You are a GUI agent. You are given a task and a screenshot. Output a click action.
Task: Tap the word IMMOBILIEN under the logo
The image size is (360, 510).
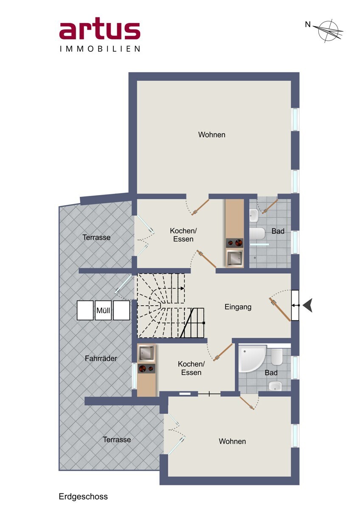[x=100, y=49]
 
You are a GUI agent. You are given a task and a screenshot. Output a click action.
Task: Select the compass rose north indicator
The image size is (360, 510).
[x=327, y=31]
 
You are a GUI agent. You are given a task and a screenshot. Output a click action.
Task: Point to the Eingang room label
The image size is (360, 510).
[x=238, y=307]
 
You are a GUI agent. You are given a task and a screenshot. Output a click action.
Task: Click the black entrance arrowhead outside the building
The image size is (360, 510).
[x=307, y=305]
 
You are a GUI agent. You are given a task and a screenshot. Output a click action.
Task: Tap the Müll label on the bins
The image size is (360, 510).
[x=103, y=310]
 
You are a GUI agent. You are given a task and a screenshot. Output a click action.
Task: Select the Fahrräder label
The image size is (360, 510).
[x=101, y=359]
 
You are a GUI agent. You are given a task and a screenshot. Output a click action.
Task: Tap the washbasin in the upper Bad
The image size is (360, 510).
[x=253, y=215]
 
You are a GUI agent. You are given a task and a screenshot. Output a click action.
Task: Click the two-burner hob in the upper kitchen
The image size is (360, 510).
[x=234, y=243]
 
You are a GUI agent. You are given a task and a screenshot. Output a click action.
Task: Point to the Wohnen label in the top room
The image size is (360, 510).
[x=212, y=135]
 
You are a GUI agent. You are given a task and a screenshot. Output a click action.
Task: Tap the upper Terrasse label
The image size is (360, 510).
[x=96, y=238]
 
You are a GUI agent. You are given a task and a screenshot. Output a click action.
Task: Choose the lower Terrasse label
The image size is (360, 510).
[x=117, y=439]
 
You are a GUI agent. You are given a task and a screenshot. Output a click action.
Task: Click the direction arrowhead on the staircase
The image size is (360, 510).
[x=183, y=289]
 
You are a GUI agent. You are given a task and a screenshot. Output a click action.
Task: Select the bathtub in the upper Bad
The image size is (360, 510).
[x=257, y=234]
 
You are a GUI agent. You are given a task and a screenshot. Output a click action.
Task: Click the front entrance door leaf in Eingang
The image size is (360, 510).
[x=280, y=309]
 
